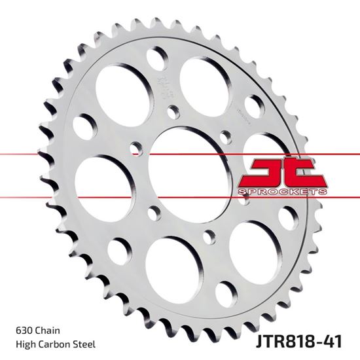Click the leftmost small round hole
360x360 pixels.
click(84, 126)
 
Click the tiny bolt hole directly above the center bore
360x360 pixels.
click(171, 111)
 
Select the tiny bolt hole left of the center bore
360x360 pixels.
click(136, 147)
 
